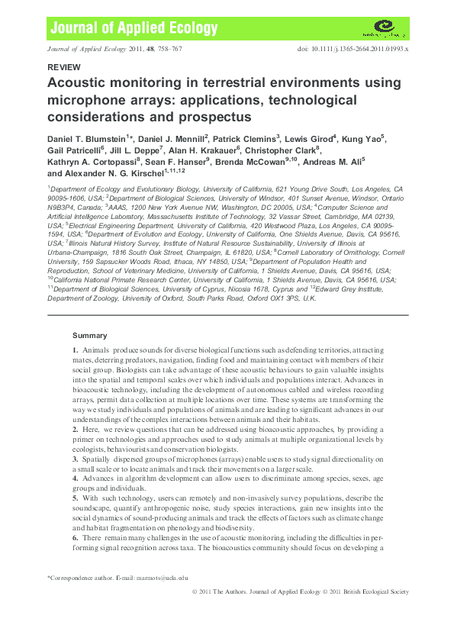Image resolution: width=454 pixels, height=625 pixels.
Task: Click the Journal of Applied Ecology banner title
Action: (x=134, y=29)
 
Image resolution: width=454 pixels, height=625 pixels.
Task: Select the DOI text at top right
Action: (x=353, y=49)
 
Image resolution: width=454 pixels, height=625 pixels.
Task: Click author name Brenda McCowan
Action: (x=255, y=162)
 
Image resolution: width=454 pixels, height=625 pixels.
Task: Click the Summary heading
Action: (x=89, y=335)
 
